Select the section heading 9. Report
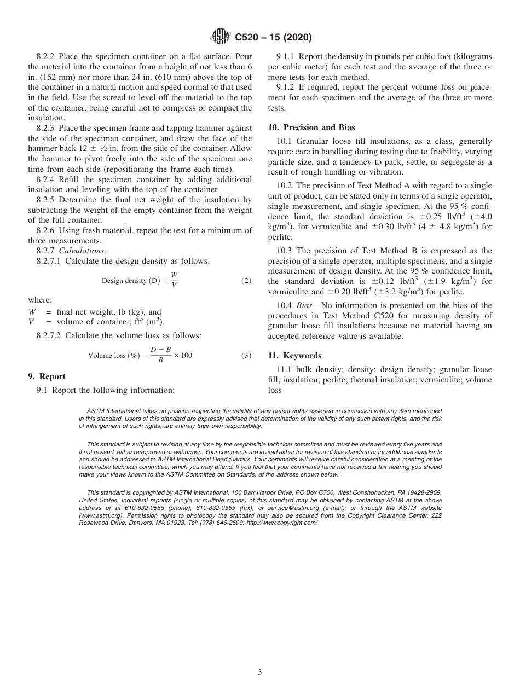coord(47,376)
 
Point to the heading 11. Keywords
coord(294,356)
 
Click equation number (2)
coord(246,281)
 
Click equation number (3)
coord(246,356)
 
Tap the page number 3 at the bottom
coord(259,672)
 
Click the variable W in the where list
coord(32,312)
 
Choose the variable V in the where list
coord(31,322)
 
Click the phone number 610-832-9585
coord(134,508)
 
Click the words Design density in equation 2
coord(125,281)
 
